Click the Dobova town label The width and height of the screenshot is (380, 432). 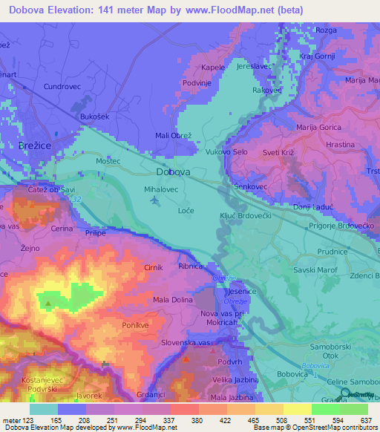point(174,172)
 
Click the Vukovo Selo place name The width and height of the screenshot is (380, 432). point(226,151)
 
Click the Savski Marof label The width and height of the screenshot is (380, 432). point(312,271)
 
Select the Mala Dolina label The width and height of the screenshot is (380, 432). point(172,300)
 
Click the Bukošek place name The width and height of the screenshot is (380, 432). point(95,117)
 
